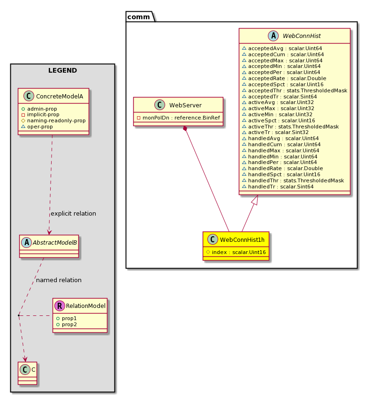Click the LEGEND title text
click(62, 70)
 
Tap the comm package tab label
click(138, 17)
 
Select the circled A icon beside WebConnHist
click(273, 36)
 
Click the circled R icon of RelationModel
click(60, 306)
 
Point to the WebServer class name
click(185, 105)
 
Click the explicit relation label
click(73, 214)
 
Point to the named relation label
click(59, 280)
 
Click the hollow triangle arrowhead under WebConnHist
click(255, 200)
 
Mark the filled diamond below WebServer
click(185, 128)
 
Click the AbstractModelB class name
click(55, 242)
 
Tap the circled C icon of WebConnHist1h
click(213, 239)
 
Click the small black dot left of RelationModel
click(19, 315)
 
